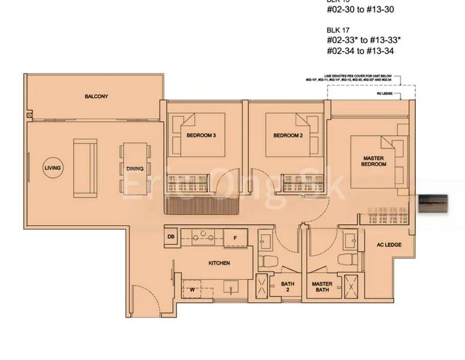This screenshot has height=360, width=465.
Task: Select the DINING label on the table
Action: (x=135, y=169)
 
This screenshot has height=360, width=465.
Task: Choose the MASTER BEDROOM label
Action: (x=374, y=161)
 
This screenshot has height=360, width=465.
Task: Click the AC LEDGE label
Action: (x=389, y=245)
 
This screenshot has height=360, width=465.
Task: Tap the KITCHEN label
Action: (x=219, y=263)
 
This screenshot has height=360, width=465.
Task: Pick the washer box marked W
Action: (x=193, y=289)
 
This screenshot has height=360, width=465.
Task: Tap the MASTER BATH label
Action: (x=322, y=287)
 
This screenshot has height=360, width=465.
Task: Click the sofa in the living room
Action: (x=85, y=168)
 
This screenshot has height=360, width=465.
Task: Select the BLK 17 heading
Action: (x=338, y=29)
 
